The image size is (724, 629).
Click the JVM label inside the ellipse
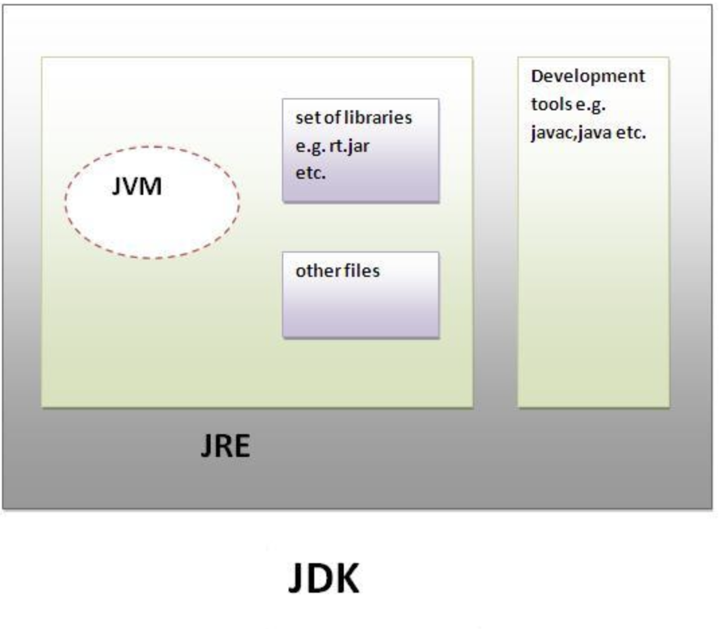click(137, 186)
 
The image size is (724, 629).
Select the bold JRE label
click(225, 447)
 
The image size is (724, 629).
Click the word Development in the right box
click(587, 76)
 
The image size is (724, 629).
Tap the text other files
click(337, 271)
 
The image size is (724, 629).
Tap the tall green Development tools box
click(593, 269)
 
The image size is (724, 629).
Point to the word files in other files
click(363, 271)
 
